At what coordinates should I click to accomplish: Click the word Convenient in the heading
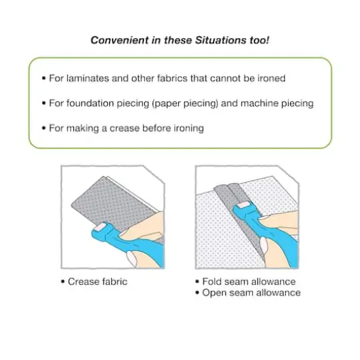[x=120, y=40]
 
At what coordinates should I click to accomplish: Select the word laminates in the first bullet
[x=88, y=79]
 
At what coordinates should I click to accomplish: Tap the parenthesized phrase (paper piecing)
[x=185, y=104]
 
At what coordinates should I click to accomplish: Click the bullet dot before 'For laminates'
[x=44, y=79]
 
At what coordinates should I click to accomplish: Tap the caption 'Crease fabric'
[x=98, y=281]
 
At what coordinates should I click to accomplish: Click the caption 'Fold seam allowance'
[x=249, y=281]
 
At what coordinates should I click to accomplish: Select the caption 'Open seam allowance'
[x=251, y=293]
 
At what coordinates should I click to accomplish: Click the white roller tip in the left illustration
[x=100, y=227]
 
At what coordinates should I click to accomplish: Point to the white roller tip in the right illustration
[x=243, y=205]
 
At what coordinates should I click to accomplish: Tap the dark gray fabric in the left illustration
[x=110, y=202]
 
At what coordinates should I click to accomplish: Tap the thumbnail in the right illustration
[x=264, y=246]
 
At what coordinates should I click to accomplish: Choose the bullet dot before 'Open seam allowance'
[x=197, y=293]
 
